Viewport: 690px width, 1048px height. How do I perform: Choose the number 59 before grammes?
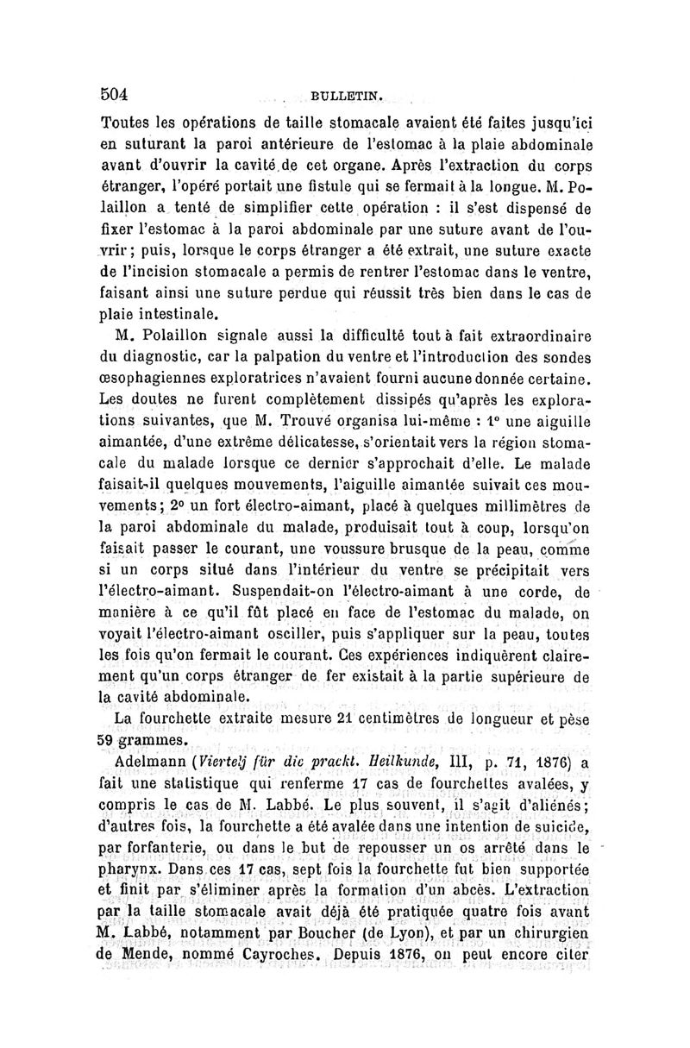pos(112,739)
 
